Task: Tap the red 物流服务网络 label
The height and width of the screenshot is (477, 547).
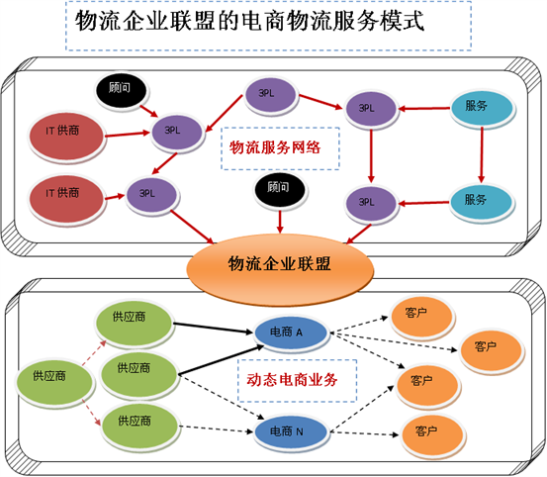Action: (276, 147)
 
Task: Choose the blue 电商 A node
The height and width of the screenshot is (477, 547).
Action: (287, 334)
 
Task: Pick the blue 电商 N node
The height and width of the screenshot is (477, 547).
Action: (287, 431)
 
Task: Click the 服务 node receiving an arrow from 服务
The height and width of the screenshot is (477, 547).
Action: (481, 200)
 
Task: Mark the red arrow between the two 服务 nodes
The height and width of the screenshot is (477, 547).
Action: (481, 153)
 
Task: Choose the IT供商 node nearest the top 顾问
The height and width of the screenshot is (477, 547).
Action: (68, 130)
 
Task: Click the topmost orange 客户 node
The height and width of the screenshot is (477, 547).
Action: (422, 314)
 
